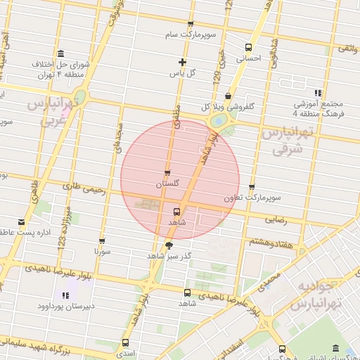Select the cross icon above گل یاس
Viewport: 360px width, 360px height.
point(183,62)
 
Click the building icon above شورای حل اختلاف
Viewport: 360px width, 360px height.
point(61,54)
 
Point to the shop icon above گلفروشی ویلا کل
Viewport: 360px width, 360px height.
point(227,96)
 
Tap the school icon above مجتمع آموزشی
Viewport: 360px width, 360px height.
point(319,92)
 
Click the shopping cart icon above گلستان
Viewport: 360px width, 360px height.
point(167,172)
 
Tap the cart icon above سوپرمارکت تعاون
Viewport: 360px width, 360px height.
point(251,187)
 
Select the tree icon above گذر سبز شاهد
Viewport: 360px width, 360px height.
point(168,245)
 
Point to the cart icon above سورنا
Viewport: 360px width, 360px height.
point(103,240)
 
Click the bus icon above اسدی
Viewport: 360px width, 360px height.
point(125,342)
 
